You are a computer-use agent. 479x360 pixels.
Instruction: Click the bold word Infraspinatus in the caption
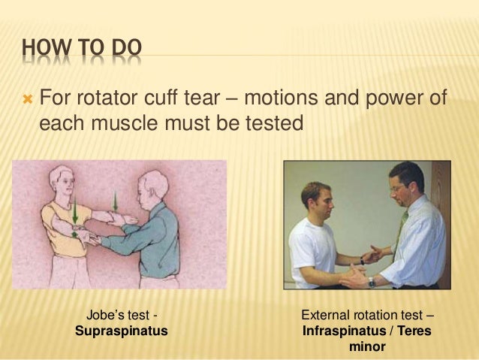click(339, 331)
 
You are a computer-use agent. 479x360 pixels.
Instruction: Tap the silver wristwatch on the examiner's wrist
click(371, 282)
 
